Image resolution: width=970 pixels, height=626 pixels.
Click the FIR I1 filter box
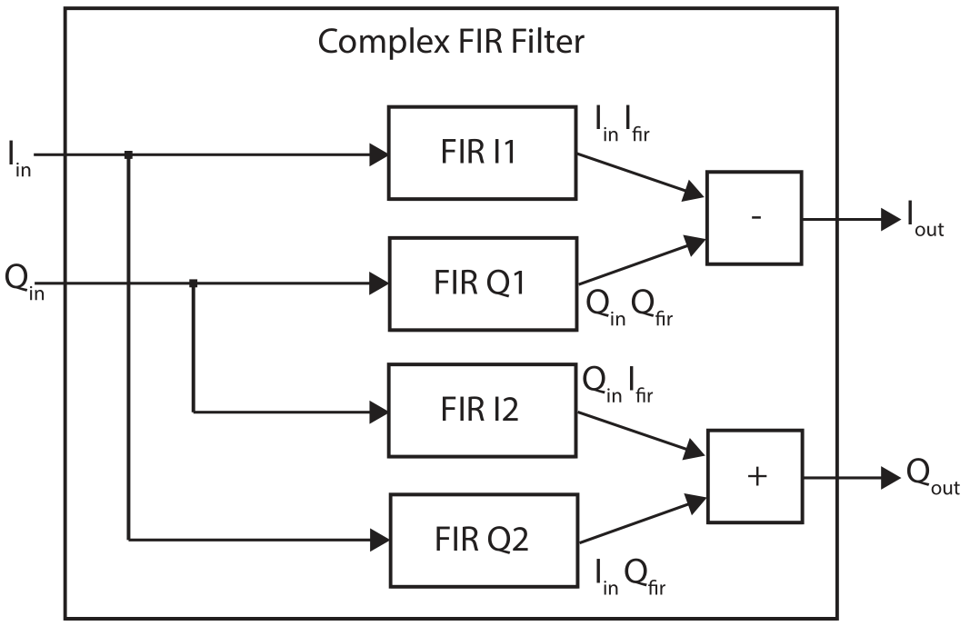(x=482, y=153)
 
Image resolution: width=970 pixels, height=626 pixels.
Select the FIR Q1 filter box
(x=483, y=283)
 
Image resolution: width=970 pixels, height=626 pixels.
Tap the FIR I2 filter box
(x=482, y=411)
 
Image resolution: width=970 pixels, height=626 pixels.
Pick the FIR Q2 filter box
(x=484, y=540)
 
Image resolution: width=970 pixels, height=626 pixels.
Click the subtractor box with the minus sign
(x=755, y=218)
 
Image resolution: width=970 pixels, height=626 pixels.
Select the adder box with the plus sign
(x=755, y=476)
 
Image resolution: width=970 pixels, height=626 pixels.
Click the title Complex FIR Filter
(x=451, y=43)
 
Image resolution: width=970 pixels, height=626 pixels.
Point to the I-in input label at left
(x=19, y=159)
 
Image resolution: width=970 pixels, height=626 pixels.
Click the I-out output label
(x=925, y=219)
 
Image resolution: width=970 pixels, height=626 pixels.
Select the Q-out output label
(x=933, y=478)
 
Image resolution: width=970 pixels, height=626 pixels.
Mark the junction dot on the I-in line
(x=129, y=154)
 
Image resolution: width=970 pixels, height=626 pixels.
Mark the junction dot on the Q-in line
(x=193, y=283)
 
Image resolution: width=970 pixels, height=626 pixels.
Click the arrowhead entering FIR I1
(x=378, y=154)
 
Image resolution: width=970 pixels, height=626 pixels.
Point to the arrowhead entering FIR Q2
(x=380, y=540)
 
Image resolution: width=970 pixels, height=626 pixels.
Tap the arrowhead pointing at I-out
(x=891, y=219)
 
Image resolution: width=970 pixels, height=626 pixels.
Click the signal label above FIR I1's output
(x=622, y=124)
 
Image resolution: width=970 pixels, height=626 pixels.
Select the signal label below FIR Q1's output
(x=629, y=308)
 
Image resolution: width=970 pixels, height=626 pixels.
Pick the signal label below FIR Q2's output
(x=630, y=577)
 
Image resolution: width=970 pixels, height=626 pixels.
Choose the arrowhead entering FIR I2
(x=378, y=412)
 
